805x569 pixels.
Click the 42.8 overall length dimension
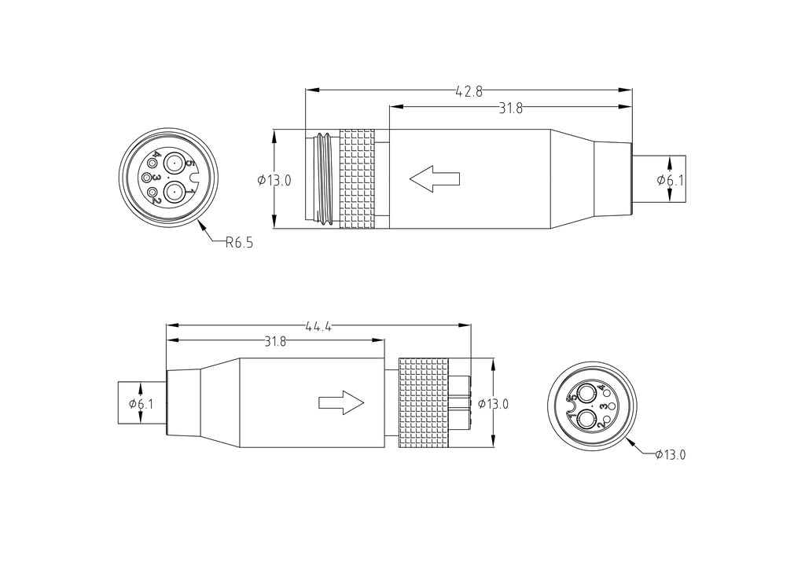tap(469, 91)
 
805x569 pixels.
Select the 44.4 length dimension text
tap(318, 326)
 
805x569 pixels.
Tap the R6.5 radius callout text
tap(239, 242)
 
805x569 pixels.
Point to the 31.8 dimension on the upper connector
tap(510, 108)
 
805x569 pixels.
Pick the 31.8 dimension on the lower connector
tap(275, 342)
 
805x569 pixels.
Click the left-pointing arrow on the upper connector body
tap(434, 178)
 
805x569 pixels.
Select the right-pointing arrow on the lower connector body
tap(341, 402)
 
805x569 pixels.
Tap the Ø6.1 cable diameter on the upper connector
tap(671, 180)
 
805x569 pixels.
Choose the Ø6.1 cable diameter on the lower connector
tap(142, 404)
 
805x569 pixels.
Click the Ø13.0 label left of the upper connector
tap(274, 180)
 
